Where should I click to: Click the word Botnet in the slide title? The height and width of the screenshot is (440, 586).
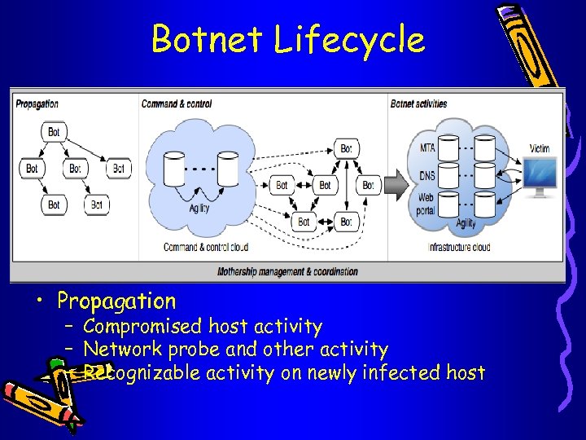point(208,39)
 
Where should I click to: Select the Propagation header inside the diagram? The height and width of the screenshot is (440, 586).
point(37,104)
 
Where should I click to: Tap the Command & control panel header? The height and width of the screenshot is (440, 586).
point(176,104)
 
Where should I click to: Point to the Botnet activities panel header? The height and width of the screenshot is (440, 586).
point(419,104)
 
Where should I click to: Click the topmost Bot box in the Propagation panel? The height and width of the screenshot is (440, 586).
point(54,132)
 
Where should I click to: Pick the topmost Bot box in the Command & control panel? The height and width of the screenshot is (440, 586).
point(346,148)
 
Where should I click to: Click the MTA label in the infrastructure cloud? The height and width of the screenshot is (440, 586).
point(426,148)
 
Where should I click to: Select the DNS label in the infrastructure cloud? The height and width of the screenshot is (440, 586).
point(426,175)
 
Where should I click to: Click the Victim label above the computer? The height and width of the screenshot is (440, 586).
point(539,148)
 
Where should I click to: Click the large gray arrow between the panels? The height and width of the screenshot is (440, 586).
point(396,185)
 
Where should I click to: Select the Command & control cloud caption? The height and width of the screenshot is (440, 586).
point(205,247)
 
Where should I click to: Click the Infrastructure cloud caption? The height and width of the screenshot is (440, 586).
point(459,247)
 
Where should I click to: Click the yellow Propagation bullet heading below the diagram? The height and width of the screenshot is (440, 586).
point(116,301)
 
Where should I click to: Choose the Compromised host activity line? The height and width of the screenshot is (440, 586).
point(202,327)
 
